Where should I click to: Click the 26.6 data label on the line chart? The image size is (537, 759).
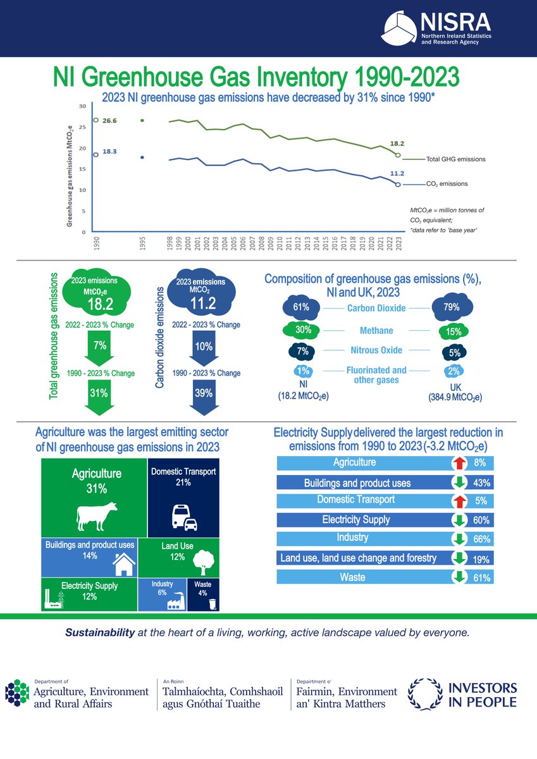tap(111, 120)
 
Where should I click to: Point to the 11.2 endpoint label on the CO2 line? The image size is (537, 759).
tap(397, 173)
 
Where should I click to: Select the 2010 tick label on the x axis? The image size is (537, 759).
tap(280, 243)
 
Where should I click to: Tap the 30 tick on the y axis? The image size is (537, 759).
tap(82, 106)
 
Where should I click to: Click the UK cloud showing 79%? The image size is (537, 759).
tap(451, 309)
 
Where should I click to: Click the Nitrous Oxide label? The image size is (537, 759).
tap(376, 350)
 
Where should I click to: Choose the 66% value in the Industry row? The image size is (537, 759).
tap(482, 540)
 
